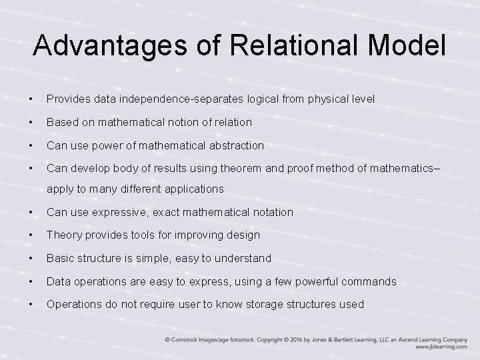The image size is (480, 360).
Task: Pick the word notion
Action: point(180,122)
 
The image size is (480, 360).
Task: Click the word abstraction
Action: point(235,145)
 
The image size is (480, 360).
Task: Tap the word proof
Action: point(308,169)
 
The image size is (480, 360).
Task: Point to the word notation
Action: point(271,212)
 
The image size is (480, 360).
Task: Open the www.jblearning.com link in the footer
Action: point(441,347)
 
